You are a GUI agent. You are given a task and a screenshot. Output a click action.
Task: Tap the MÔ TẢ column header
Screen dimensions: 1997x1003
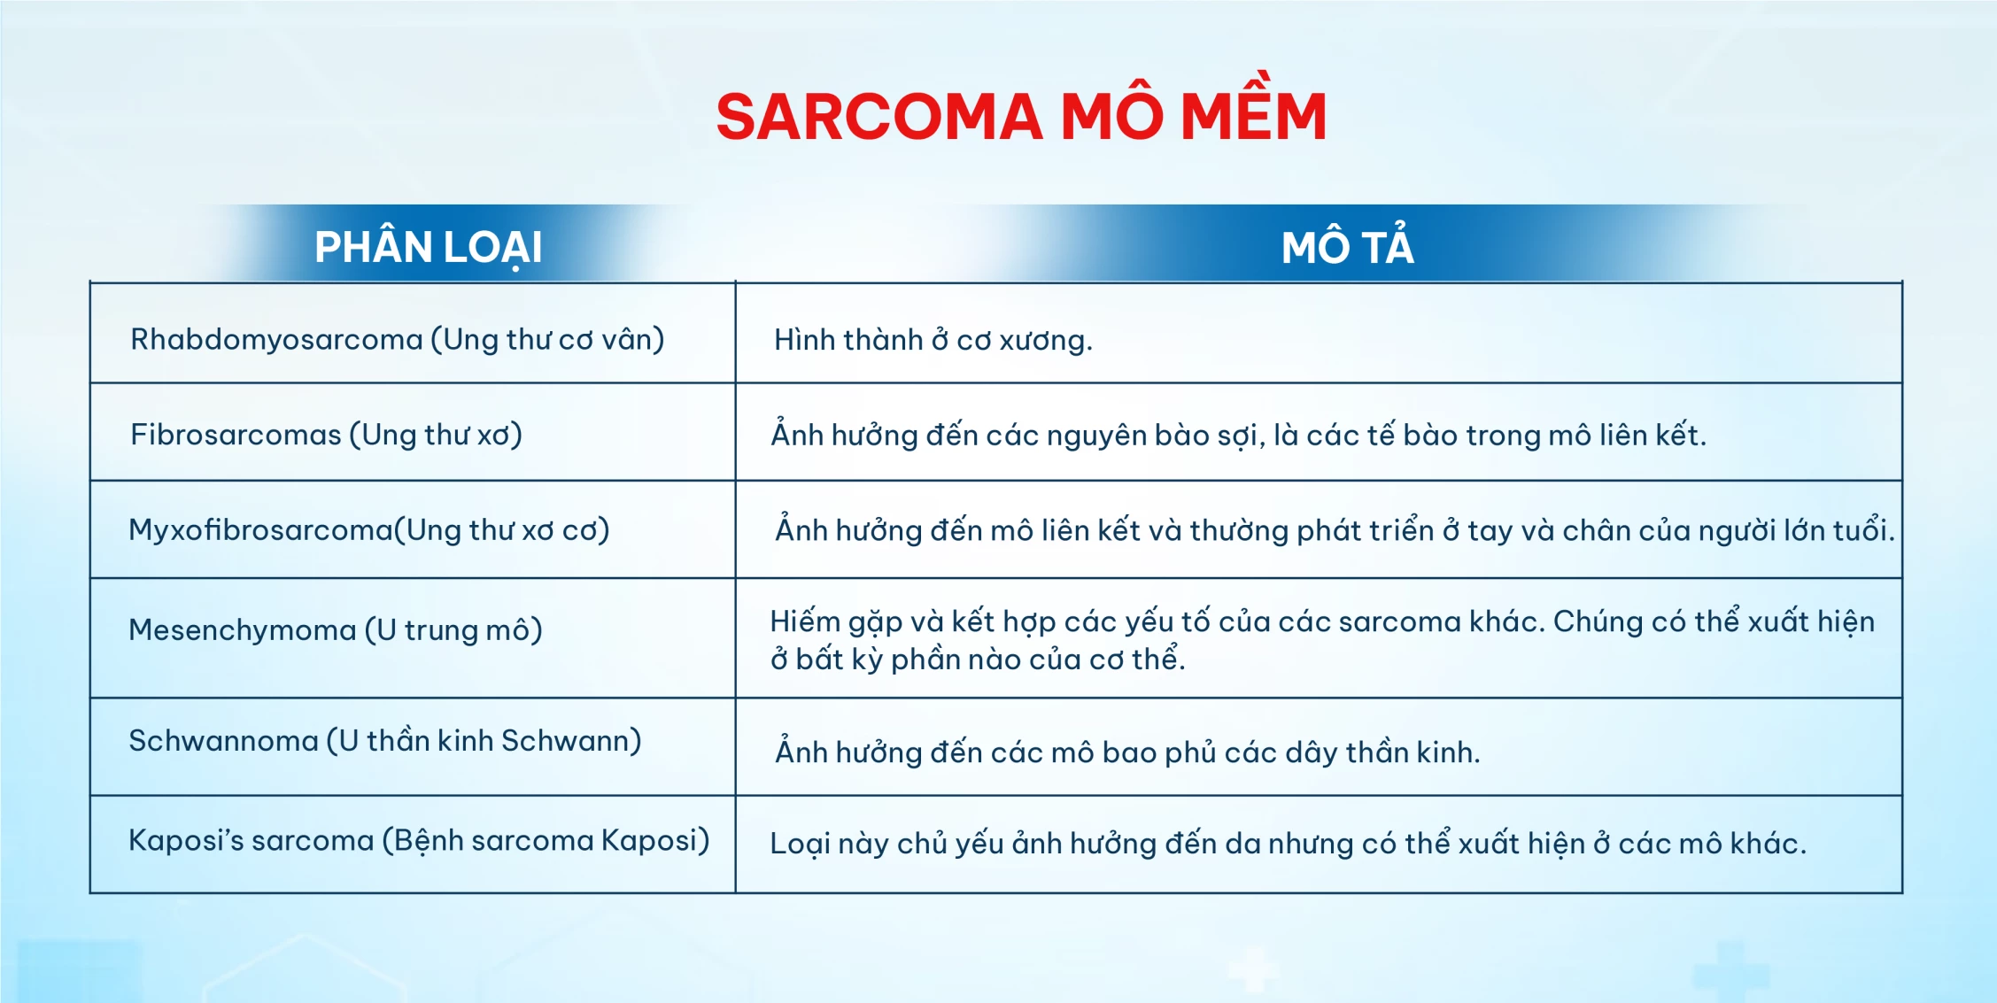click(x=1347, y=245)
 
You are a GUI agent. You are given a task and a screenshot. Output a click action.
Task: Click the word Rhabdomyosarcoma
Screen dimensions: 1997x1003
click(x=276, y=340)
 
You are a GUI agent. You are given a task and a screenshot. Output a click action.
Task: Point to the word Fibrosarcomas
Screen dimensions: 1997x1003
click(x=236, y=435)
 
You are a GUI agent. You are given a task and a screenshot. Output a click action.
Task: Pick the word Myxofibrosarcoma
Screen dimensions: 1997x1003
click(x=260, y=530)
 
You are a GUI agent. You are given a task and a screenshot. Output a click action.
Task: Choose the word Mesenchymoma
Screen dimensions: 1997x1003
click(x=242, y=629)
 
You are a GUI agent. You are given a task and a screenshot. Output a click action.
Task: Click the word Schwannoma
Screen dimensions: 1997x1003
click(x=223, y=740)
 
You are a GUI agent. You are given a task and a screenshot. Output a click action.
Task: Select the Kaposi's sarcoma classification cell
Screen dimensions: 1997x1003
click(x=413, y=844)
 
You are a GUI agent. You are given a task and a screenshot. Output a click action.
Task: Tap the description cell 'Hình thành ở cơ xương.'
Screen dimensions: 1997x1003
click(x=1319, y=333)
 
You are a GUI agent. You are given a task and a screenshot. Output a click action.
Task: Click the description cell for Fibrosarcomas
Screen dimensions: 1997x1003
click(x=1319, y=432)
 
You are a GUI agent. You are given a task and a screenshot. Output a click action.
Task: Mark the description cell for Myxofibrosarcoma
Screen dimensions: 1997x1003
click(x=1319, y=529)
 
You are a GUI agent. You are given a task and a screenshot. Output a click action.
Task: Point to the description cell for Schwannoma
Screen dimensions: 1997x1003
click(x=1319, y=746)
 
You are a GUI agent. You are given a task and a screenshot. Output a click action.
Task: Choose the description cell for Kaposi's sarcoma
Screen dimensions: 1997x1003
click(x=1319, y=844)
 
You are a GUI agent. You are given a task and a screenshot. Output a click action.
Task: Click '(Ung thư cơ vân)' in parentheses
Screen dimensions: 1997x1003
click(x=547, y=340)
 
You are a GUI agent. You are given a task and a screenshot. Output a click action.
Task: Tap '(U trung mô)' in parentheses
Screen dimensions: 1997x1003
click(x=453, y=629)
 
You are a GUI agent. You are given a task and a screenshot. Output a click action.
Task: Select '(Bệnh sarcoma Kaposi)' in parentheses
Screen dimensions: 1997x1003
click(x=546, y=840)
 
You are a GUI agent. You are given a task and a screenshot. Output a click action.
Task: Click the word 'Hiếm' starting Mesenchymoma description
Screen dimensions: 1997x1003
click(x=805, y=621)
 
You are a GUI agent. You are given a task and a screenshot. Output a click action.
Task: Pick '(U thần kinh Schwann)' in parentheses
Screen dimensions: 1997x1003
click(x=484, y=740)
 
